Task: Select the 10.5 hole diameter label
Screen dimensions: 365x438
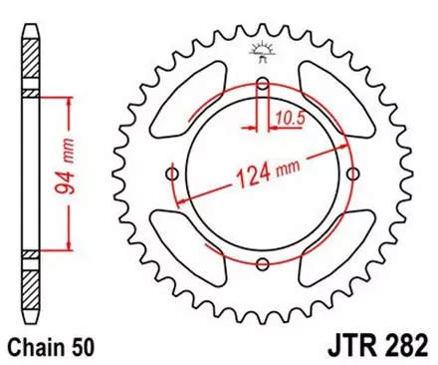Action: coord(289,117)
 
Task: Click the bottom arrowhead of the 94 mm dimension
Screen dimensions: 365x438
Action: coord(66,250)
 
